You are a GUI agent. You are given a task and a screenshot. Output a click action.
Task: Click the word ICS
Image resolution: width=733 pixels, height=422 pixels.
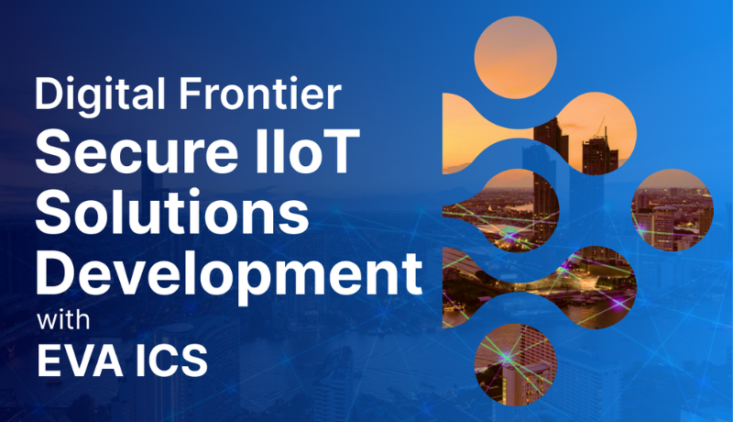pos(173,359)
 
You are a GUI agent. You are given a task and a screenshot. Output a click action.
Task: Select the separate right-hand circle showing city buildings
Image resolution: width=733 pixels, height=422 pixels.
pos(673,210)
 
